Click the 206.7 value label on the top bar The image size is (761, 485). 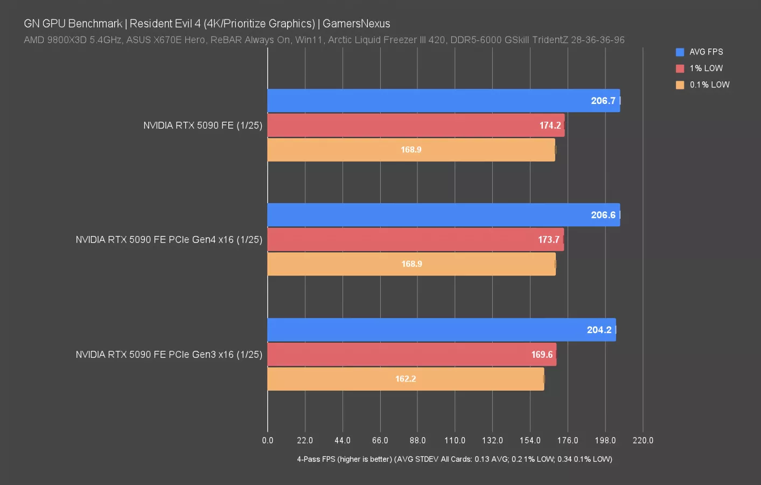tap(603, 101)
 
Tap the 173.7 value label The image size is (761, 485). tap(548, 240)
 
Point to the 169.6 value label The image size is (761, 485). tap(542, 355)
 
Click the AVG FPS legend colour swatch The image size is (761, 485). tap(680, 52)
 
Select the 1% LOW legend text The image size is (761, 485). tap(706, 68)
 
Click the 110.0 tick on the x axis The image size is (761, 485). tap(455, 440)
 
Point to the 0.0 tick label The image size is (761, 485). tap(268, 440)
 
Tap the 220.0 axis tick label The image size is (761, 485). tap(643, 440)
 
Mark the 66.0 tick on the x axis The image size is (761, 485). tap(380, 440)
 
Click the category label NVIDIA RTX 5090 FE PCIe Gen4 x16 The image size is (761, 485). tap(169, 240)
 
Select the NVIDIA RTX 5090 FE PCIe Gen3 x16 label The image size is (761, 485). tap(169, 355)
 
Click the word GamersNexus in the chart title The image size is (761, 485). tap(356, 24)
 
